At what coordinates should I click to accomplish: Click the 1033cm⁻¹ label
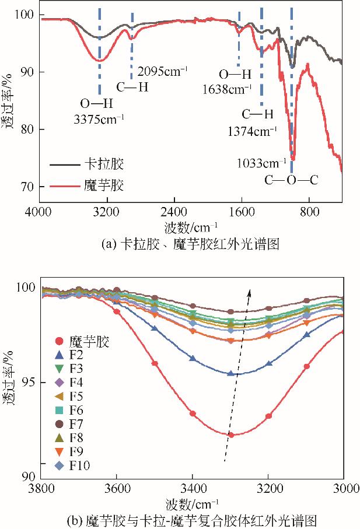(x=261, y=162)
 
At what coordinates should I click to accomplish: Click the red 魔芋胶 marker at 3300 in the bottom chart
(x=231, y=435)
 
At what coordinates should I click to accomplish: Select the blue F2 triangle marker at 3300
(x=230, y=373)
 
